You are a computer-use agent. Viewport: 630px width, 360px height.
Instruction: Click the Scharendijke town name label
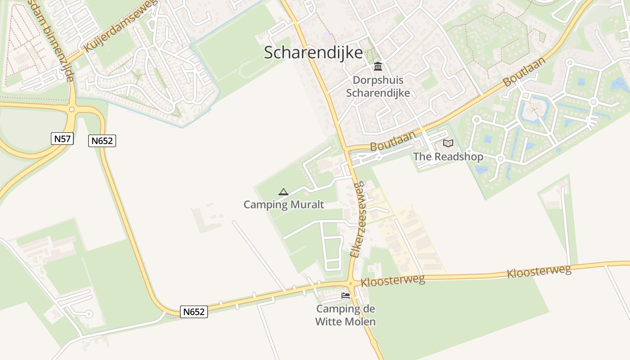(313, 53)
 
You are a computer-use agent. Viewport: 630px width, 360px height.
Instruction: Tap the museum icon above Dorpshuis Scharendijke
(378, 67)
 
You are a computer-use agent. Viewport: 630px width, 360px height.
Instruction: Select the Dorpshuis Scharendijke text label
(378, 86)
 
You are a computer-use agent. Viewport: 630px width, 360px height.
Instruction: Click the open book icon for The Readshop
(448, 143)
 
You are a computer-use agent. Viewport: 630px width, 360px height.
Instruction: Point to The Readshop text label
(448, 157)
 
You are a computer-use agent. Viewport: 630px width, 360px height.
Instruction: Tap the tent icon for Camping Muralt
(283, 192)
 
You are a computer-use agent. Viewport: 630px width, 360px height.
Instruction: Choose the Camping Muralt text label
(283, 205)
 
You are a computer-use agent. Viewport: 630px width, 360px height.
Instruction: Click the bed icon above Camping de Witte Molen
(346, 296)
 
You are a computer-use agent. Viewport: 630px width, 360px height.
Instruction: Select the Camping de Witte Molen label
(346, 315)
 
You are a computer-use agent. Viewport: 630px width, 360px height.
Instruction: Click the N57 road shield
(62, 139)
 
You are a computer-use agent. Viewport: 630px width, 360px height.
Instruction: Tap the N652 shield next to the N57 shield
(102, 141)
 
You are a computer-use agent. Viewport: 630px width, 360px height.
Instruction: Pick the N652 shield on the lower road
(194, 312)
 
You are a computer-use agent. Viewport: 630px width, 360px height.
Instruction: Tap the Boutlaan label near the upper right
(525, 72)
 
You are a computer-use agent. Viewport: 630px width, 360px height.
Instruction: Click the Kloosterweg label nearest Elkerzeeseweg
(393, 280)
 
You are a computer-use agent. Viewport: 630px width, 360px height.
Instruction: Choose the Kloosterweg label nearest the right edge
(539, 271)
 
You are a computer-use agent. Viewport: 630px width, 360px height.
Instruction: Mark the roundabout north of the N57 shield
(72, 109)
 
